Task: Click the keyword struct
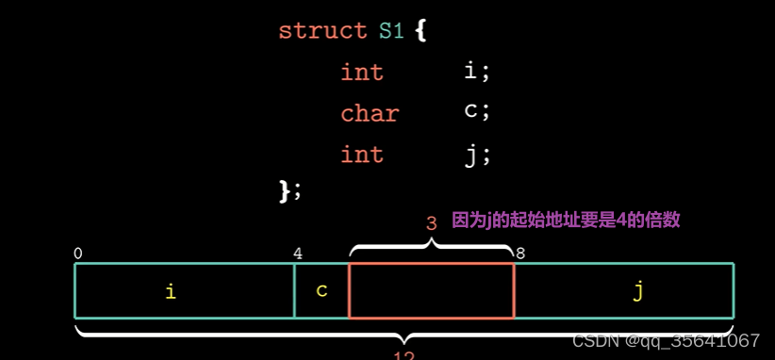point(322,30)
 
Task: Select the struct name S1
point(390,30)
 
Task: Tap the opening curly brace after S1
point(420,30)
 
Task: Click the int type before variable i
point(362,72)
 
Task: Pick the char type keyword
point(370,113)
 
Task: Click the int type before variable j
point(362,154)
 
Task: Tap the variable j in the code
point(472,154)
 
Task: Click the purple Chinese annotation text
point(566,221)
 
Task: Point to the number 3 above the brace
point(431,223)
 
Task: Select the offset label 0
point(77,254)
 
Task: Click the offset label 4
point(298,254)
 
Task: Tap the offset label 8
point(519,254)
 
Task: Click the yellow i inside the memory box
point(171,291)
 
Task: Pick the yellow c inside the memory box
point(322,290)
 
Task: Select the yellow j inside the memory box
point(638,291)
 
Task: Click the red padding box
point(431,290)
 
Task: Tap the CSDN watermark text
point(666,340)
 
